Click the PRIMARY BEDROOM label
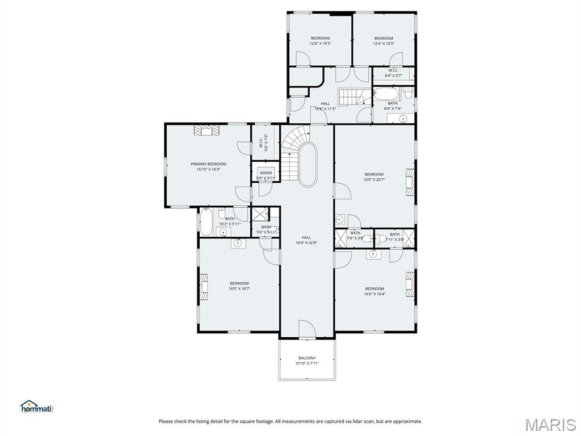coord(208,164)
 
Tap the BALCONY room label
coord(307,358)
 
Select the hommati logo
coord(36,406)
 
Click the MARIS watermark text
coord(550,424)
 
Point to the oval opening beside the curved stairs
coord(308,165)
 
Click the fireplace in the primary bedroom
coord(205,131)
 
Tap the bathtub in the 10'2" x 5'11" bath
coord(206,222)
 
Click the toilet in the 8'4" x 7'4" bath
coord(409,93)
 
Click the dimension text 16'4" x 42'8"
coord(306,242)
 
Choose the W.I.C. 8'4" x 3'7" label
coord(393,73)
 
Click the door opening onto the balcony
coord(306,330)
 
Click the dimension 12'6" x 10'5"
coord(320,43)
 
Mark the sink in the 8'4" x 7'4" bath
coord(403,118)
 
